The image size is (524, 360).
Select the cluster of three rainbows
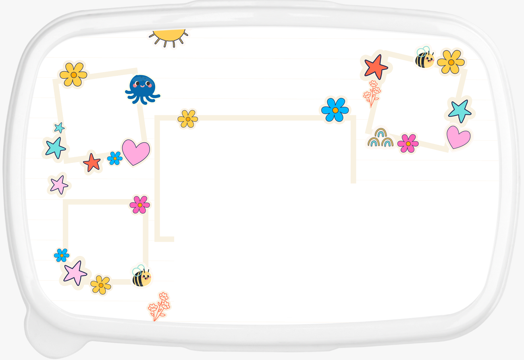point(380,138)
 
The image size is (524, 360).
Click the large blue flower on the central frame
point(335,110)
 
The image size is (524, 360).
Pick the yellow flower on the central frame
point(188,119)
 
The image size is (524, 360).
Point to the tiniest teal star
point(60,128)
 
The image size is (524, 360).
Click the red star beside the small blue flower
point(92,162)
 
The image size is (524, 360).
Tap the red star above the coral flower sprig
point(376,67)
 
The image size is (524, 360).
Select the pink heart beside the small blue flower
point(136,152)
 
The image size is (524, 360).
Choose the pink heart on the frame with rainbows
point(458,137)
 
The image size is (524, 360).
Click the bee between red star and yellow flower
point(424,58)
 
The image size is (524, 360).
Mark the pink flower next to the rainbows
point(408,144)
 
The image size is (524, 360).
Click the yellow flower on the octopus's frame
point(73,74)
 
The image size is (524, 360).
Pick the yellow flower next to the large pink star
point(101,285)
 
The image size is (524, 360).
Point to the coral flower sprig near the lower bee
point(159,306)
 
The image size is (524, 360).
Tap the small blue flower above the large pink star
point(62,255)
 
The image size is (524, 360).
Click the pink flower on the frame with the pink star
point(139,205)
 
